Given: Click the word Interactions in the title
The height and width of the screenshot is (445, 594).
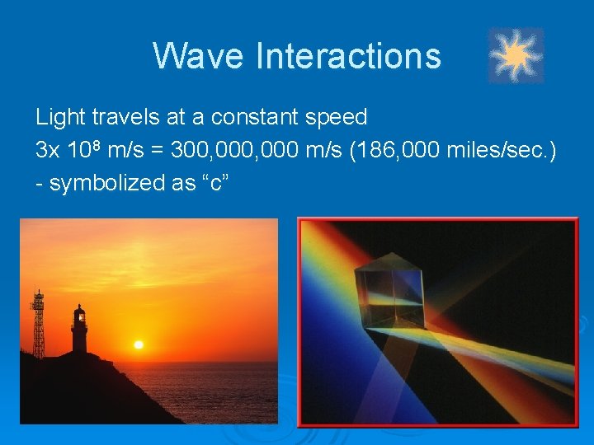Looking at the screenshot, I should [348, 56].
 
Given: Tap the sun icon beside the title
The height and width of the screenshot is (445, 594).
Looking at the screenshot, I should [516, 56].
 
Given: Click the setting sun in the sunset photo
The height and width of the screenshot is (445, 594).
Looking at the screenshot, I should [139, 344].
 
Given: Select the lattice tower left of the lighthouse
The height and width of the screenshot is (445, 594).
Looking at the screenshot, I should [38, 326].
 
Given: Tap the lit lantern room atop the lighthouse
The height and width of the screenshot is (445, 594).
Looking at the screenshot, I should [79, 314].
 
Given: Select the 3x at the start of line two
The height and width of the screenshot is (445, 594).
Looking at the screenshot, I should [48, 151].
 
